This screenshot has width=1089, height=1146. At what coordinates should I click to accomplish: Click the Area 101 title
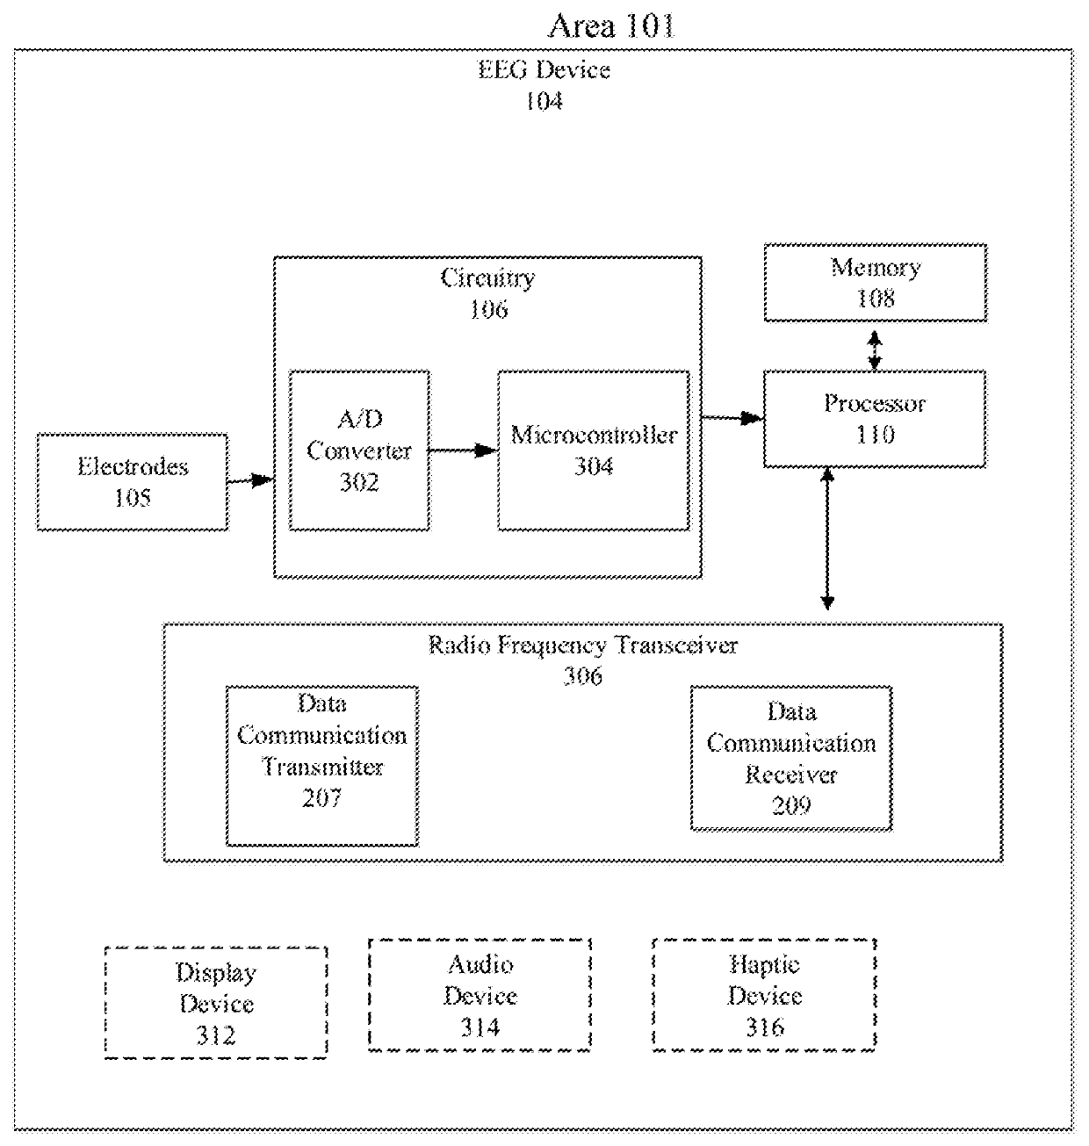pyautogui.click(x=611, y=26)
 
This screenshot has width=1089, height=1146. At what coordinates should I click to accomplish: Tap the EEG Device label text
pyautogui.click(x=544, y=70)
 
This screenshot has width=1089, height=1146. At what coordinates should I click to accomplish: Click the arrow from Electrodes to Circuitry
pyautogui.click(x=250, y=481)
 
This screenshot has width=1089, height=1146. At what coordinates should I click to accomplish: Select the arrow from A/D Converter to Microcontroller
pyautogui.click(x=464, y=450)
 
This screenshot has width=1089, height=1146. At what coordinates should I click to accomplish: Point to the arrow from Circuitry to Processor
pyautogui.click(x=732, y=418)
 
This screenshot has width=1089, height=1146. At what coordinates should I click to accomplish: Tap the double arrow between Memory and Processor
pyautogui.click(x=875, y=350)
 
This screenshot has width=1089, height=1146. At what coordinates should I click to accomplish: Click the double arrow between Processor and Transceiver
pyautogui.click(x=827, y=538)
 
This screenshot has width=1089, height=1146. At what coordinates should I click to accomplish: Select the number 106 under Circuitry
pyautogui.click(x=488, y=309)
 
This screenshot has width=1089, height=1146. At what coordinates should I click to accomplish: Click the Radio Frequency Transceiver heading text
pyautogui.click(x=582, y=645)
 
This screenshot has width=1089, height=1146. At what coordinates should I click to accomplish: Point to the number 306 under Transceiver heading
pyautogui.click(x=582, y=676)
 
